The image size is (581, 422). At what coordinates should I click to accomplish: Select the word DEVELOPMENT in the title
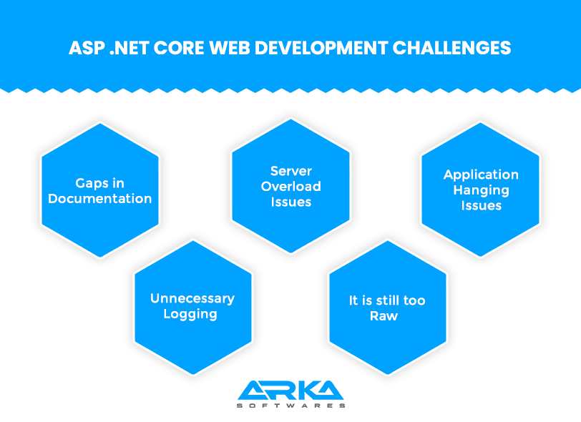click(x=321, y=48)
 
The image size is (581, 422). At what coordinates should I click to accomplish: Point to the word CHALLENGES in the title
click(x=451, y=48)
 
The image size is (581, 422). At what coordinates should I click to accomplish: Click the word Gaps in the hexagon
click(x=89, y=183)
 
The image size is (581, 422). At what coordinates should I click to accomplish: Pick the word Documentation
click(x=99, y=199)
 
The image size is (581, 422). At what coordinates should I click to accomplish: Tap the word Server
click(x=291, y=171)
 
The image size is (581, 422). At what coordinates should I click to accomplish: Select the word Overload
click(x=291, y=187)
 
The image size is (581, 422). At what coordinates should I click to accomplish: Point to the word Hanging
click(x=481, y=191)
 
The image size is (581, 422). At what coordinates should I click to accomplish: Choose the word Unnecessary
click(x=192, y=299)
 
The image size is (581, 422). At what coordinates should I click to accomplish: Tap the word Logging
click(x=190, y=315)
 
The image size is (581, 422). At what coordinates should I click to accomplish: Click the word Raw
click(x=384, y=316)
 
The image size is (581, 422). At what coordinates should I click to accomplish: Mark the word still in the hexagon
click(x=387, y=300)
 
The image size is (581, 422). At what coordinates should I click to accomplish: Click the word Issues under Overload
click(x=291, y=202)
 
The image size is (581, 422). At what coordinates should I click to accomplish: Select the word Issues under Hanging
click(x=481, y=205)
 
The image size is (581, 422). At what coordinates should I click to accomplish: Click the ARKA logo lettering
click(x=291, y=390)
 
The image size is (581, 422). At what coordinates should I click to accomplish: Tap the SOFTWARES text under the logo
click(x=291, y=406)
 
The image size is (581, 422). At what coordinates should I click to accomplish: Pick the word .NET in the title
click(x=130, y=48)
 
